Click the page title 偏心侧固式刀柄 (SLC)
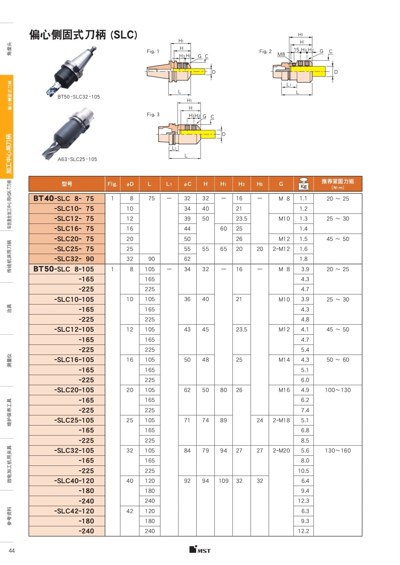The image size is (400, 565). (83, 34)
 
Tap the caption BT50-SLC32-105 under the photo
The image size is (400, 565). (79, 97)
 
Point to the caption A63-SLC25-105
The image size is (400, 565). (77, 159)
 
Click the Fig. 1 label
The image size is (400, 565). (153, 51)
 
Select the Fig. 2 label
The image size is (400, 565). (265, 51)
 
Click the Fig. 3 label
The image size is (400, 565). (153, 114)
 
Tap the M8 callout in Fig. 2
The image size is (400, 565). (281, 54)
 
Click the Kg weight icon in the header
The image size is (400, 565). (303, 184)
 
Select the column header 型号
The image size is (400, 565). (67, 184)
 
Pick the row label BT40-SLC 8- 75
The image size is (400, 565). (63, 198)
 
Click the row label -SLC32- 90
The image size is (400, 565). (74, 259)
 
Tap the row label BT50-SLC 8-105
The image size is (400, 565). (63, 269)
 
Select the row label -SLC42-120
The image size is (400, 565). (74, 511)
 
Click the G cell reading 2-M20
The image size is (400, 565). (281, 450)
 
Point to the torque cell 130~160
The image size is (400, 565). (337, 450)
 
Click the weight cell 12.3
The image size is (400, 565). (303, 501)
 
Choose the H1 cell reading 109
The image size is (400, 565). (223, 481)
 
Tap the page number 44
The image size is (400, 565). (12, 551)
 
